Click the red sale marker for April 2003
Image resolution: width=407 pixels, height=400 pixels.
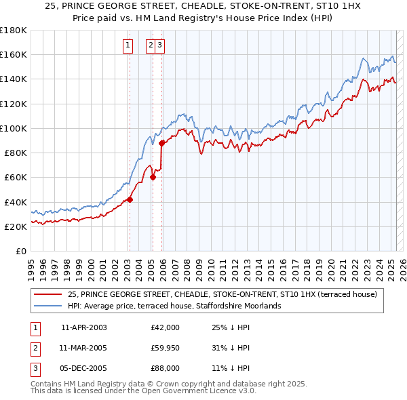click(130, 199)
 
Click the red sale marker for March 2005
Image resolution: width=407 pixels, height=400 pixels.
click(153, 178)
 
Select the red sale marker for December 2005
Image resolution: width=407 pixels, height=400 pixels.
click(161, 143)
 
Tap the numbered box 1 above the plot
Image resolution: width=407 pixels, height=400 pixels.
click(128, 45)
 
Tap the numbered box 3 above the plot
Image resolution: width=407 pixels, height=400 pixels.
click(159, 45)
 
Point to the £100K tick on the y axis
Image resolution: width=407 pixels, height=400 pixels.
click(14, 128)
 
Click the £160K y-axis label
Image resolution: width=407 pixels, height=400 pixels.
click(14, 54)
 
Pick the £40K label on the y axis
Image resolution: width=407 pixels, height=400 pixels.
click(16, 202)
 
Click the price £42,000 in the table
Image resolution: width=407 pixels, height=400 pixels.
click(165, 327)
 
